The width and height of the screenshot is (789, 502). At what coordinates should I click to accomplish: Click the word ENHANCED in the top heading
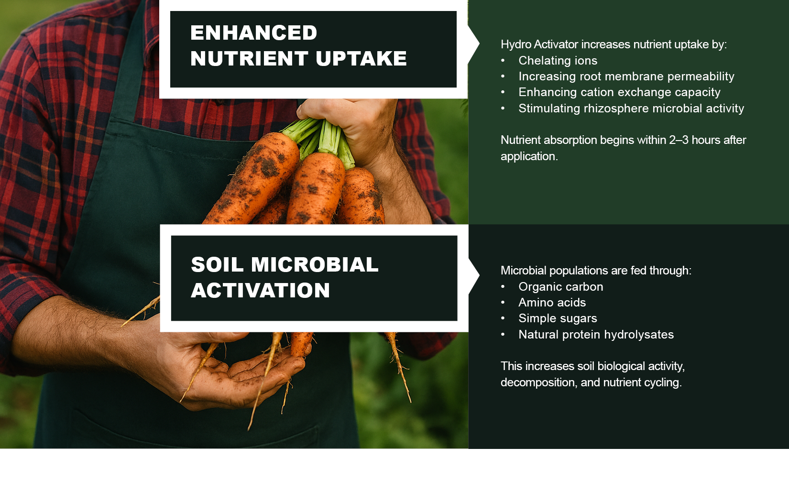(x=253, y=33)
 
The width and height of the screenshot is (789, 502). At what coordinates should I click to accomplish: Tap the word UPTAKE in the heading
(x=361, y=58)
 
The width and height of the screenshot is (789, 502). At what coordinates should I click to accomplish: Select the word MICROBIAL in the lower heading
(x=315, y=264)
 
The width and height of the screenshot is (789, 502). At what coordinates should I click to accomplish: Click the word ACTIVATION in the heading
(x=260, y=291)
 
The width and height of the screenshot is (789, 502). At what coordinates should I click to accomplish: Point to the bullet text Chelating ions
(x=558, y=61)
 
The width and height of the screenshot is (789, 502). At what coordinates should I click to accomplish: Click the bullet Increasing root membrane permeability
(x=626, y=76)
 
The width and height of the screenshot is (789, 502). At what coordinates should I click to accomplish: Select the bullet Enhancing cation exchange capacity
(x=619, y=92)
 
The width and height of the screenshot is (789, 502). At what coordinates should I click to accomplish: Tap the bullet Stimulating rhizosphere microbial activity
(x=631, y=109)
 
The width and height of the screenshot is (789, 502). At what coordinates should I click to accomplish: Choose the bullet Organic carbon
(x=561, y=287)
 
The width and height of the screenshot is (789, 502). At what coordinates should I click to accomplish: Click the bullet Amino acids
(x=552, y=303)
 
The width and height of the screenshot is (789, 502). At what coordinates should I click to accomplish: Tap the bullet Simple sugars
(x=558, y=318)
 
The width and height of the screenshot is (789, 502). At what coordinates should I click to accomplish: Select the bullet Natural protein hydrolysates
(x=596, y=335)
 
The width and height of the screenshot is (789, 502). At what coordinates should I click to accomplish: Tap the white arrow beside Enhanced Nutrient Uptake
(x=474, y=44)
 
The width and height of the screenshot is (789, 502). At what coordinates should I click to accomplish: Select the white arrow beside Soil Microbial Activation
(x=474, y=275)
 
